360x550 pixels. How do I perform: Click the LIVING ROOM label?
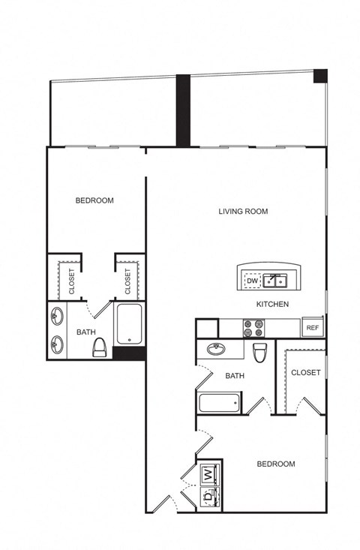[243, 211]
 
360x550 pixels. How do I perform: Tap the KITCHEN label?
[273, 304]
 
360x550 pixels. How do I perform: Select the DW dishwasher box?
[253, 281]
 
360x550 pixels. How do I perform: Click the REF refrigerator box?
[312, 328]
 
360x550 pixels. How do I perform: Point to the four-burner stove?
[253, 329]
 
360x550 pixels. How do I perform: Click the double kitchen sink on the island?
[275, 281]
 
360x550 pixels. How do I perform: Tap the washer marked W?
[209, 474]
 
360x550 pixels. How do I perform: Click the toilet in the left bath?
[99, 347]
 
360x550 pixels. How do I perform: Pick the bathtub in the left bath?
[129, 324]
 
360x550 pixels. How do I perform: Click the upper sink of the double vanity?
[56, 316]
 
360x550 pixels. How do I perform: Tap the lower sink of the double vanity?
[56, 344]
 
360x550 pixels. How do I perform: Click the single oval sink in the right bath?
[216, 349]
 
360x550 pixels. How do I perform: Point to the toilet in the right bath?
[260, 352]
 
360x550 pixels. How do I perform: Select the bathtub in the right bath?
[220, 403]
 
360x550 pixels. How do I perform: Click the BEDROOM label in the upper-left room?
[94, 200]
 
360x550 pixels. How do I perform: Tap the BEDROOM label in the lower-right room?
[276, 464]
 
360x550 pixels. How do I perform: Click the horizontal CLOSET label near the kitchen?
[306, 372]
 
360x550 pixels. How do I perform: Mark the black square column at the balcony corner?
[320, 76]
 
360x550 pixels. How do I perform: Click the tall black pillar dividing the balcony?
[183, 110]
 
